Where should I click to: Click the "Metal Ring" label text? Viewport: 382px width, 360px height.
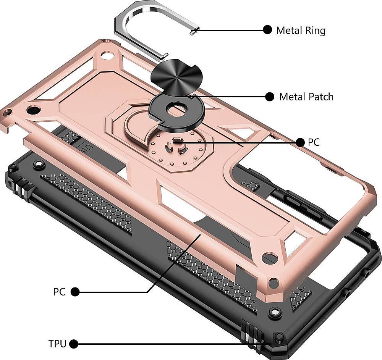pyautogui.click(x=301, y=30)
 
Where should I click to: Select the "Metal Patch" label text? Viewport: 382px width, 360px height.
pyautogui.click(x=306, y=97)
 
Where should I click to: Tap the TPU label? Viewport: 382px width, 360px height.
pyautogui.click(x=57, y=344)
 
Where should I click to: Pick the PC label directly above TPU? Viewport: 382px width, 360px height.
pyautogui.click(x=59, y=292)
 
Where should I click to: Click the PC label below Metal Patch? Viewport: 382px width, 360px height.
pyautogui.click(x=314, y=142)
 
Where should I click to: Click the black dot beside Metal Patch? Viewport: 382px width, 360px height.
pyautogui.click(x=270, y=97)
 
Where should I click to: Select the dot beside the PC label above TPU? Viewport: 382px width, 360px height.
pyautogui.click(x=75, y=292)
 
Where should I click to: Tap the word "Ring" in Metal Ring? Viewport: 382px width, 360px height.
pyautogui.click(x=315, y=30)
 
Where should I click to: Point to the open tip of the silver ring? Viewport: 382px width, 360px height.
pyautogui.click(x=193, y=32)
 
